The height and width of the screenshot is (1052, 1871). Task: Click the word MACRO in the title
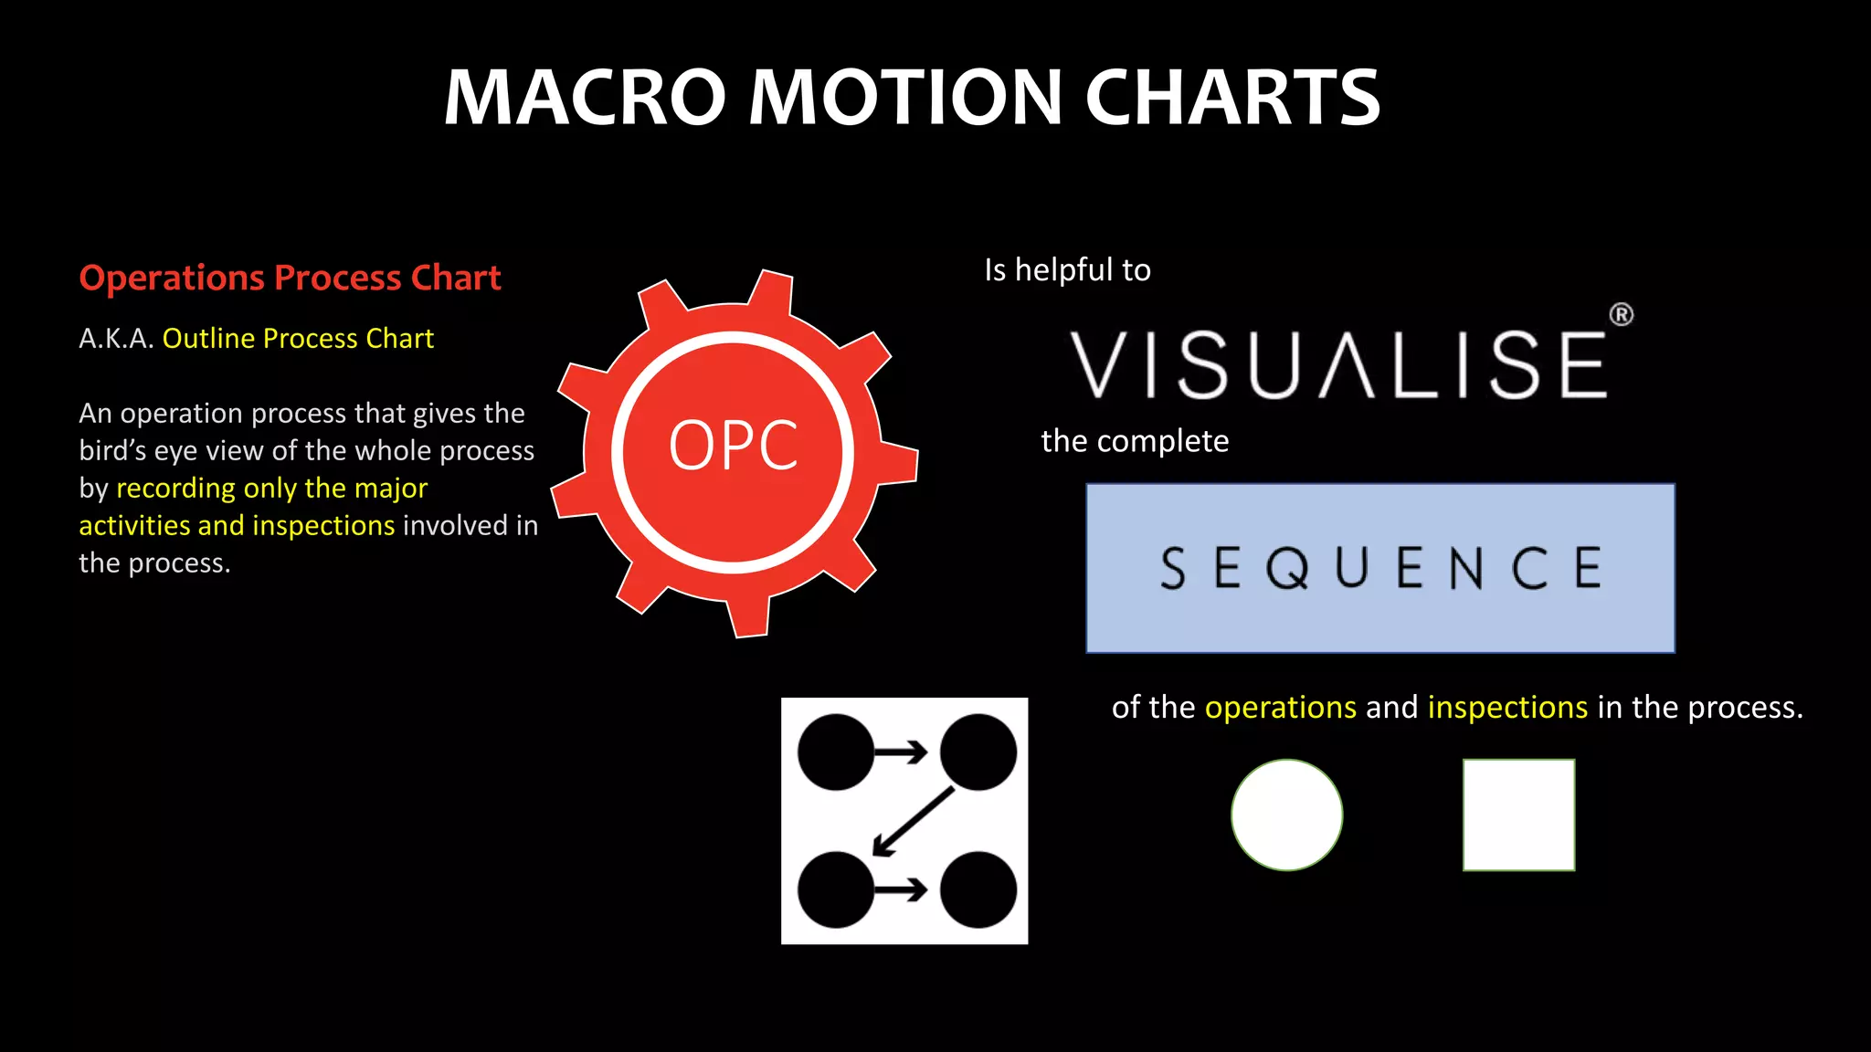[x=585, y=98]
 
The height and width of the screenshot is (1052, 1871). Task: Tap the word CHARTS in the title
[x=1232, y=98]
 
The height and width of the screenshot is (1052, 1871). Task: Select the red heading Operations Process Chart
[x=290, y=278]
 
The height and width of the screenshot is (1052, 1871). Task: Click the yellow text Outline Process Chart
[x=298, y=339]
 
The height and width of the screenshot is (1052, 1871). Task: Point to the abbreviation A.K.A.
[x=116, y=339]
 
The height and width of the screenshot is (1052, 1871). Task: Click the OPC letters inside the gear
[x=733, y=447]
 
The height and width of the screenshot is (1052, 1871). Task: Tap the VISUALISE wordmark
[x=1338, y=365]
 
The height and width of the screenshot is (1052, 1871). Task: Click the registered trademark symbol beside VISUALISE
[x=1621, y=315]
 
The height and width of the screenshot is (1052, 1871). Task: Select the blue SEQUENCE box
[x=1379, y=568]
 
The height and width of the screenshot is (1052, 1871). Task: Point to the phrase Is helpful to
[x=1067, y=270]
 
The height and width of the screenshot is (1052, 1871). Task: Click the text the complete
[x=1135, y=442]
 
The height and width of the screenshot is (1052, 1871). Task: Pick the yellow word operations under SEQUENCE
[x=1280, y=708]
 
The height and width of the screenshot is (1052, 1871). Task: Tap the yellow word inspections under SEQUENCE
[x=1507, y=708]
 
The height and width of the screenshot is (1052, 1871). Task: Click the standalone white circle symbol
[x=1286, y=815]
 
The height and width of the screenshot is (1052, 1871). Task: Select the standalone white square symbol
[x=1518, y=815]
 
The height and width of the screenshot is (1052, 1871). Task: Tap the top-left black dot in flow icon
[x=835, y=752]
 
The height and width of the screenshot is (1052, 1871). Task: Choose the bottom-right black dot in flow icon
[x=978, y=889]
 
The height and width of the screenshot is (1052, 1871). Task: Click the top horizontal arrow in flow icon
[x=902, y=752]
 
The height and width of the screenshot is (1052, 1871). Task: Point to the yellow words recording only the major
[x=271, y=489]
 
